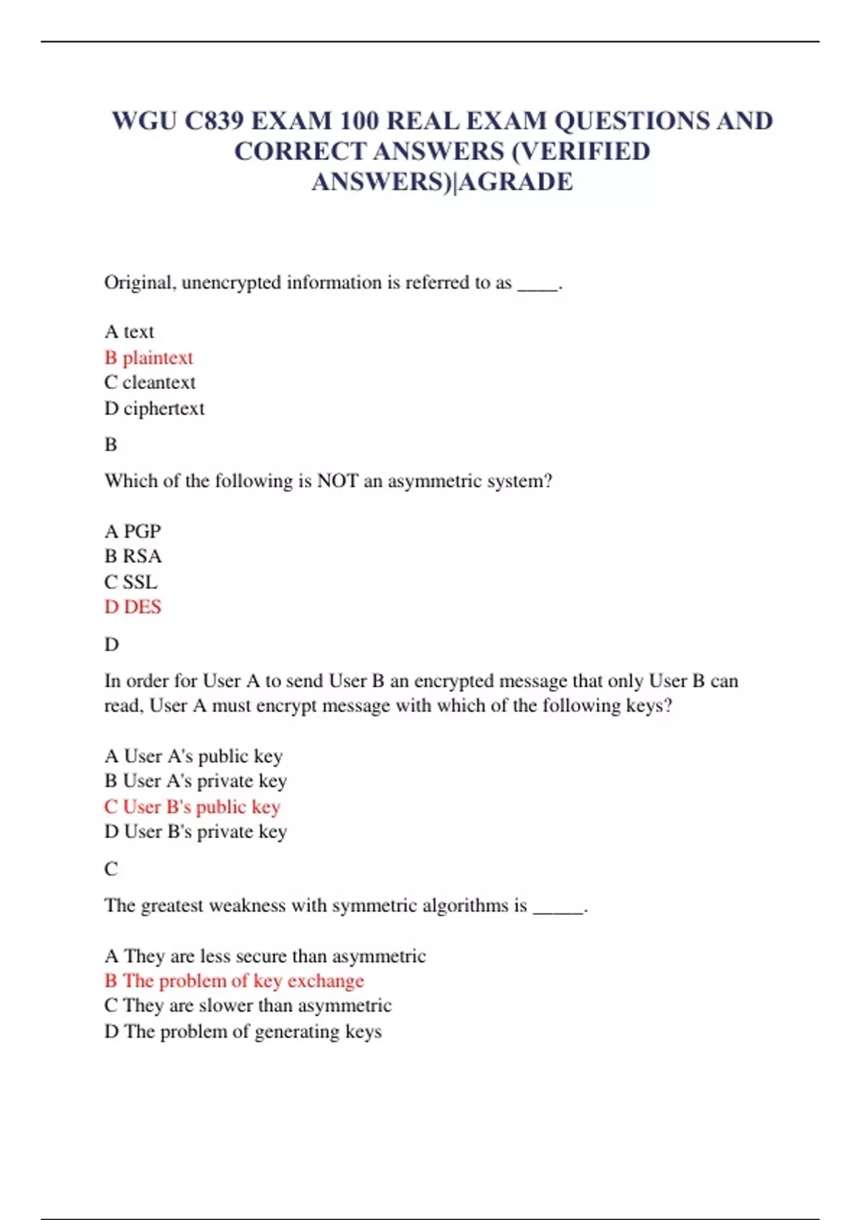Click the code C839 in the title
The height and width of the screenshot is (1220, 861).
point(214,121)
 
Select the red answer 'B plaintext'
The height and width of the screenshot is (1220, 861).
point(149,357)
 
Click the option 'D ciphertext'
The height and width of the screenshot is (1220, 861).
point(154,408)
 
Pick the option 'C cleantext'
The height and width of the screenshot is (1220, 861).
point(149,383)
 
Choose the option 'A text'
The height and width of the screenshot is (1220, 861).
point(129,332)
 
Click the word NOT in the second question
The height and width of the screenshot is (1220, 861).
point(337,481)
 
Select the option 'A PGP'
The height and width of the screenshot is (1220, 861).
point(133,531)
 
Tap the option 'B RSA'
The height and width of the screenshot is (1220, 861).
point(133,556)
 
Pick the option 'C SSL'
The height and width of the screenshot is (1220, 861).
point(131,582)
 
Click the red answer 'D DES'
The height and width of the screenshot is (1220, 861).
point(133,607)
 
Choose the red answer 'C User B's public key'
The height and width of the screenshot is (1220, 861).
point(192,807)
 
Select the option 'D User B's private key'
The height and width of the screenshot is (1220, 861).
point(195,832)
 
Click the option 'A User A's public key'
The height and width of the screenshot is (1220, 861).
point(194,756)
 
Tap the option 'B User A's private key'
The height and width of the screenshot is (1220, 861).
point(195,781)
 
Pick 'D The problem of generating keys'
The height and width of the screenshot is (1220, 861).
point(243,1031)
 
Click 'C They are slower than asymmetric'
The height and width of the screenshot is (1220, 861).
point(248,1005)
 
